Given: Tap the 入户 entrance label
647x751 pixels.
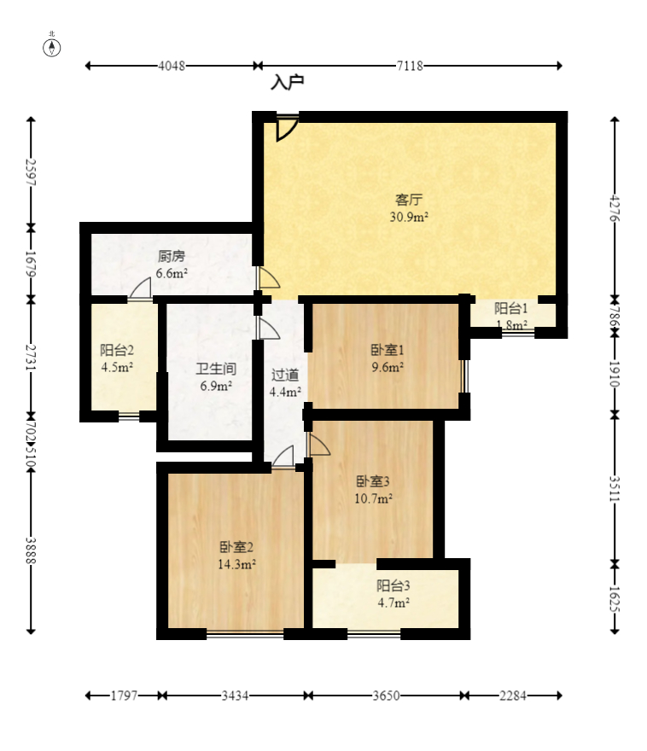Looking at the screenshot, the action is [288, 83].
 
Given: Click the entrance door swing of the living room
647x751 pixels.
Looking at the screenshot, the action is [287, 128].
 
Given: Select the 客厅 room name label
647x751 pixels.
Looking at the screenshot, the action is [409, 199].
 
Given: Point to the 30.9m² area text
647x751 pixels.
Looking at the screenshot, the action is [409, 217].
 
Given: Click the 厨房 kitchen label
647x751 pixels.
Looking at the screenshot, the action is [172, 256].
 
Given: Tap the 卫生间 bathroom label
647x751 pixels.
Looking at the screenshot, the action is [216, 369].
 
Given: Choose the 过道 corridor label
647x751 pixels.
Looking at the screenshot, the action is [285, 375].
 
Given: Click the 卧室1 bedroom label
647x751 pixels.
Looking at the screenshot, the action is [388, 350].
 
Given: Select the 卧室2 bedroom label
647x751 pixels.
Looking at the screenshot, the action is [236, 546].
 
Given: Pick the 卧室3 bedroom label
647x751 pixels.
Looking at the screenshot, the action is [373, 480].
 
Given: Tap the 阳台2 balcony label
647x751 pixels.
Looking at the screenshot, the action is [117, 350].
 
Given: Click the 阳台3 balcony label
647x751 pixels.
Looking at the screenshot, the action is [393, 585].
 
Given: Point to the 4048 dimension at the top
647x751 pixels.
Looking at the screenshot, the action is [172, 66].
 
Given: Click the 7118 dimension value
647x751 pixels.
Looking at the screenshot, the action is [410, 66].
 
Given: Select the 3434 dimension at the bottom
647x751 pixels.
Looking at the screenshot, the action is [235, 696].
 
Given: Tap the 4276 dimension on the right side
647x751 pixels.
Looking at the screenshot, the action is [615, 208].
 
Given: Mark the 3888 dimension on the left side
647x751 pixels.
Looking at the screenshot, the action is [31, 550].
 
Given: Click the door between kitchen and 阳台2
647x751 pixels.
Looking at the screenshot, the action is [140, 288].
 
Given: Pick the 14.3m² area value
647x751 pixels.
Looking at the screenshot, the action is [236, 564].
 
